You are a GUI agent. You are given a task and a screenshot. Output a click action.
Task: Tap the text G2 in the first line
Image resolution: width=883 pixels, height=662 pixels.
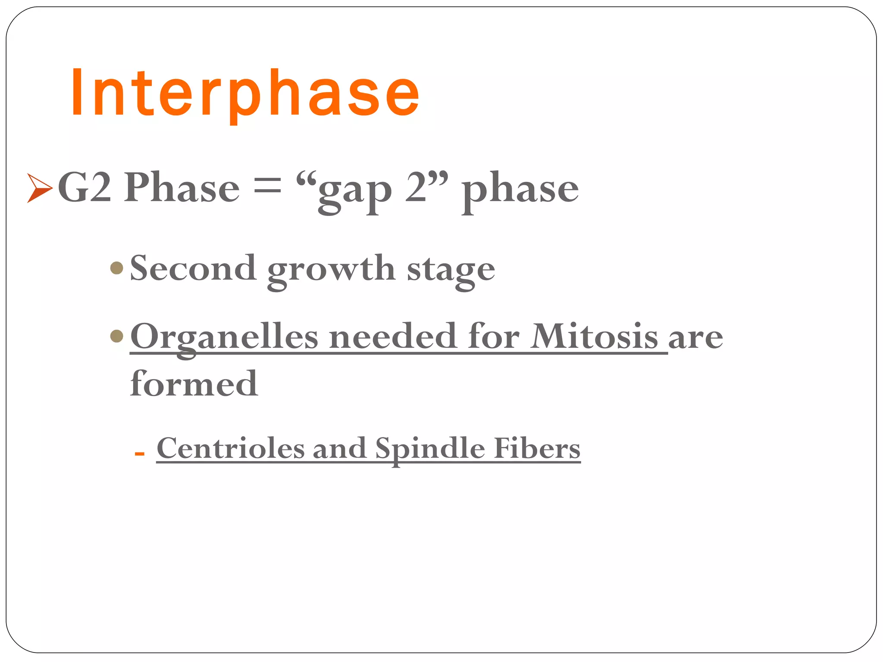click(85, 188)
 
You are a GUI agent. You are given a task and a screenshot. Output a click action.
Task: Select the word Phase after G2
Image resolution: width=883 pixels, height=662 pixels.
click(182, 188)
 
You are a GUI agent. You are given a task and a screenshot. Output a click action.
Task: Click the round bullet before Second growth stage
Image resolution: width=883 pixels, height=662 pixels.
click(117, 268)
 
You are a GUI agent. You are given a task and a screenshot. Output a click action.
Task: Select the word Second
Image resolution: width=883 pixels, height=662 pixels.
click(193, 268)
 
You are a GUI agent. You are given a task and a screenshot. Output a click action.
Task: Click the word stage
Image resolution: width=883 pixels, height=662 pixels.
click(451, 272)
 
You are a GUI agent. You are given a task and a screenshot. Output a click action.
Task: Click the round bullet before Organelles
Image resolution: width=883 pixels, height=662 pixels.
click(117, 336)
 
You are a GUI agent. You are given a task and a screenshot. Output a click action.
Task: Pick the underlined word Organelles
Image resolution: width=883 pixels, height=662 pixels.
click(224, 337)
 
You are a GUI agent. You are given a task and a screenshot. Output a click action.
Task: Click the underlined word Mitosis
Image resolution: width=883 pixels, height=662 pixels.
click(594, 336)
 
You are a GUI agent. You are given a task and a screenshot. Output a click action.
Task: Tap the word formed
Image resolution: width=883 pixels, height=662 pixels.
click(194, 383)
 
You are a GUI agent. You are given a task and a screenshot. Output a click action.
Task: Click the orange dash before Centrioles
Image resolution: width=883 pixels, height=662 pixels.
click(139, 453)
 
